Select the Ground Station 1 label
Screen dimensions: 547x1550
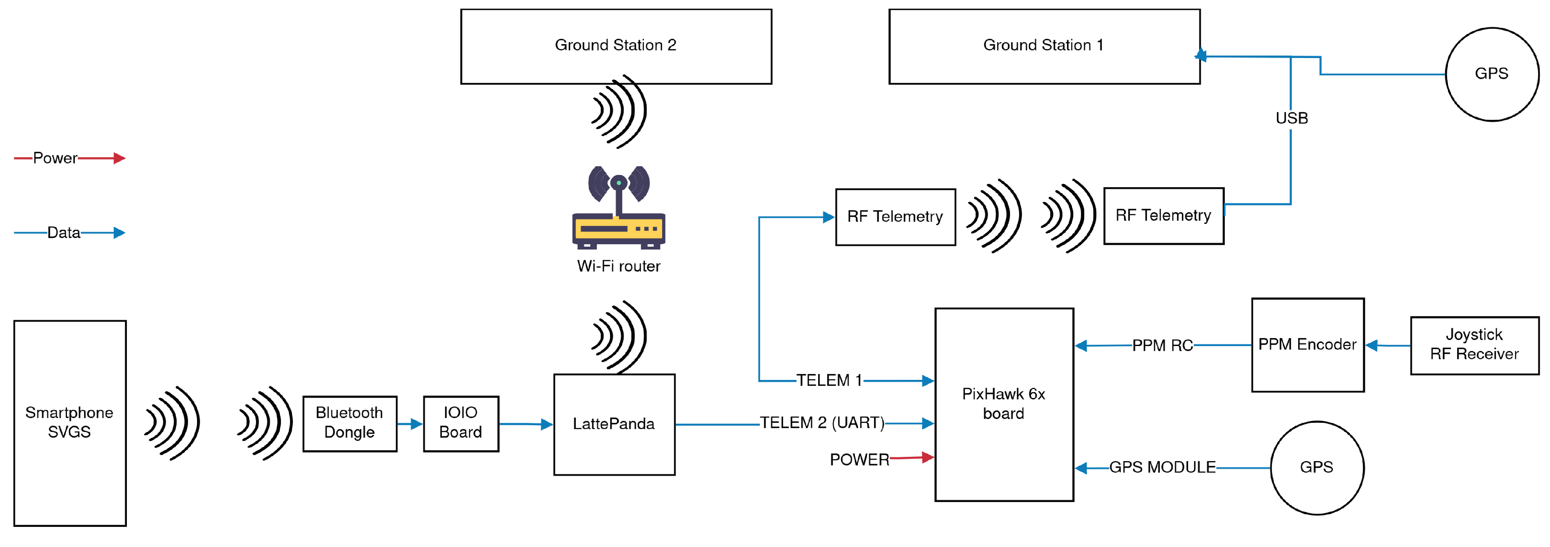[1043, 45]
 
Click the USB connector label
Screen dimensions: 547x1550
[1291, 118]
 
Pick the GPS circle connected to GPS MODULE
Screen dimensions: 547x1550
[1317, 467]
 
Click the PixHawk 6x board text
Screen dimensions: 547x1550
[1003, 403]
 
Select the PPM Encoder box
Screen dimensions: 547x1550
[1307, 345]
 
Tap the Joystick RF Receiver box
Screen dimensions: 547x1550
[1474, 345]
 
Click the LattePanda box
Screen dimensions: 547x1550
[614, 424]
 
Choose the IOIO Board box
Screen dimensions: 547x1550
[461, 422]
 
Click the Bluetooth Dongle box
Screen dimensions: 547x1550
[350, 422]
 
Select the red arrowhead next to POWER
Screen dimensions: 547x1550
[928, 457]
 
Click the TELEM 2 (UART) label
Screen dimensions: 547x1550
[822, 423]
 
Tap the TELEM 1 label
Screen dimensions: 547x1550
[829, 380]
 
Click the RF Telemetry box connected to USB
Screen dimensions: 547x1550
[1163, 216]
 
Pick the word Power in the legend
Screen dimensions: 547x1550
[55, 158]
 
